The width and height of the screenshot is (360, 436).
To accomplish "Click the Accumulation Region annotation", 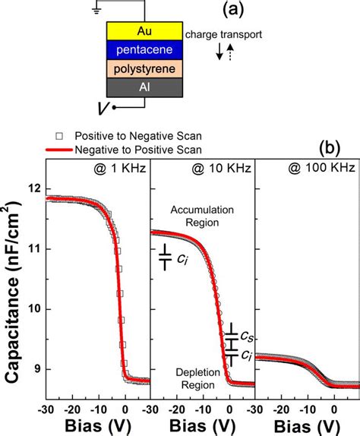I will click(203, 216).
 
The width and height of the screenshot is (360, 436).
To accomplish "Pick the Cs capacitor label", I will click(247, 334).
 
